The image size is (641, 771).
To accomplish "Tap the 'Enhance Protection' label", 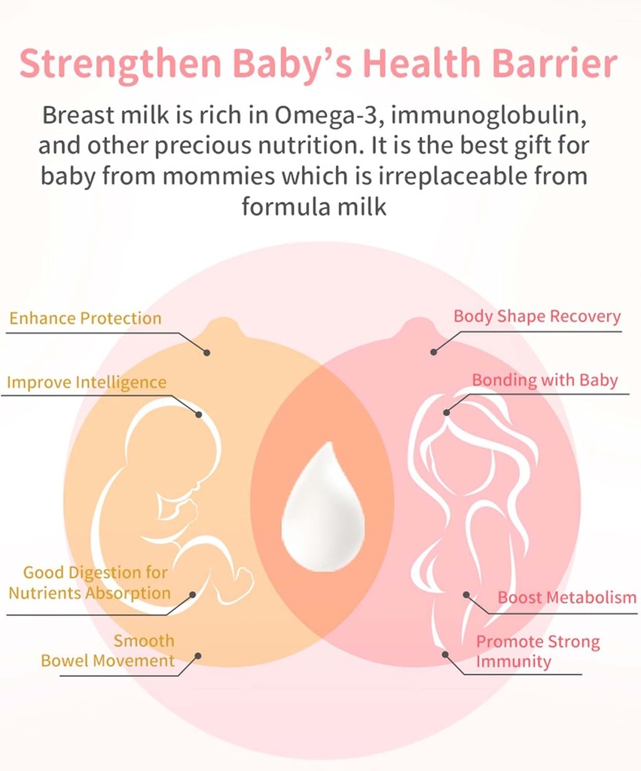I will pos(85,318).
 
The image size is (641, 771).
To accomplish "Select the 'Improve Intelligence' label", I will pos(87,382).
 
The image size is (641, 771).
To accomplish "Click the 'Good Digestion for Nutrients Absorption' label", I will pos(90,584).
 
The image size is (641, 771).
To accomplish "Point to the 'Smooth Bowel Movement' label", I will pos(108,651).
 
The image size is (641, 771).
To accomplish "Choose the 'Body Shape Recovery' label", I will pos(537,316).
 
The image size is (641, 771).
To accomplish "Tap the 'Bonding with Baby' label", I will pos(545,380).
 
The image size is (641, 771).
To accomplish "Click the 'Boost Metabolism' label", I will pos(566,598).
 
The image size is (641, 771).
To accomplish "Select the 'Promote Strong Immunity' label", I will pos(537,652).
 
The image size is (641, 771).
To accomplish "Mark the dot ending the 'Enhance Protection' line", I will pos(207,352).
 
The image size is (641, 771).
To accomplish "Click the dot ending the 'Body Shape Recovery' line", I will pos(433,352).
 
